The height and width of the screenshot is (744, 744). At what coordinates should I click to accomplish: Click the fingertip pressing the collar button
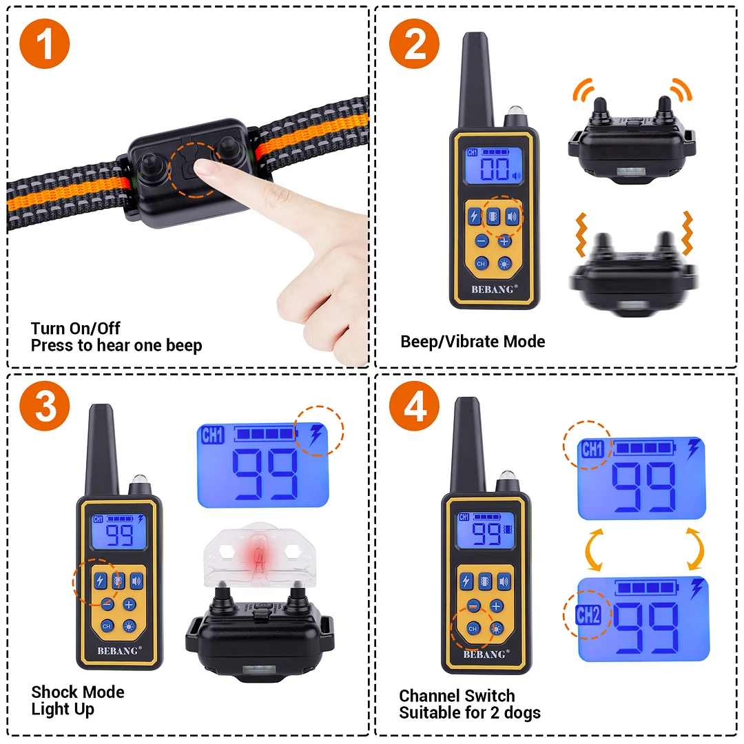coord(202,168)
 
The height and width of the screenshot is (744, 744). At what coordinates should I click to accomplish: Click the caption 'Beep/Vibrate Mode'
coord(473,342)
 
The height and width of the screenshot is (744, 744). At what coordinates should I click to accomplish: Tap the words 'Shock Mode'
coord(78,692)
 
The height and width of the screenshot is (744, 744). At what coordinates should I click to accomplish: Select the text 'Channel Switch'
coord(457,696)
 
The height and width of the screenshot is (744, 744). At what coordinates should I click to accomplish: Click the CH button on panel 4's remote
coord(473,629)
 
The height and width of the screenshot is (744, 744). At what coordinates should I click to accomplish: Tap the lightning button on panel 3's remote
coord(101,581)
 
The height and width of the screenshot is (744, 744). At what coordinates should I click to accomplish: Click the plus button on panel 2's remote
coord(504,241)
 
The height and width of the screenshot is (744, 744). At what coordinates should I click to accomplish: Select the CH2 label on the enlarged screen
coord(588,614)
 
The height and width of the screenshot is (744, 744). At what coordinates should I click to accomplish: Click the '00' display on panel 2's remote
coord(495,170)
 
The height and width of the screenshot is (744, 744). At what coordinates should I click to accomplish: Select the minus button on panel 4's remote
coord(473,606)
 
